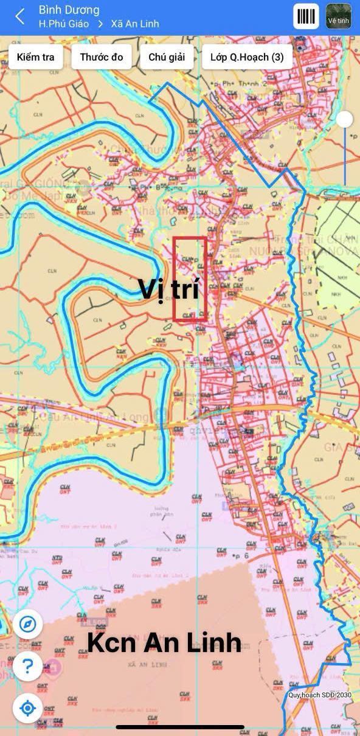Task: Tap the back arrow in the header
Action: [20, 16]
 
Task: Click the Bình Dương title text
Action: [69, 10]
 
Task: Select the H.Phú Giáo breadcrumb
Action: [63, 24]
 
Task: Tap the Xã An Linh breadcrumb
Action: [134, 24]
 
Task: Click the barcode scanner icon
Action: [305, 16]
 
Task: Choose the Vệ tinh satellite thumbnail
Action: [339, 16]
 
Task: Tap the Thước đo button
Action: [101, 57]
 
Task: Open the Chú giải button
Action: [167, 57]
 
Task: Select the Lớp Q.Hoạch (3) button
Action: [247, 57]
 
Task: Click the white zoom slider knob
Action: [345, 119]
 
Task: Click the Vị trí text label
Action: [168, 289]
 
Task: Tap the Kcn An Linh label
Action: [164, 642]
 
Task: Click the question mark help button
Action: [27, 667]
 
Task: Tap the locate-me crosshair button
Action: [27, 708]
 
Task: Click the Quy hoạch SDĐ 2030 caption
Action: [320, 695]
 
